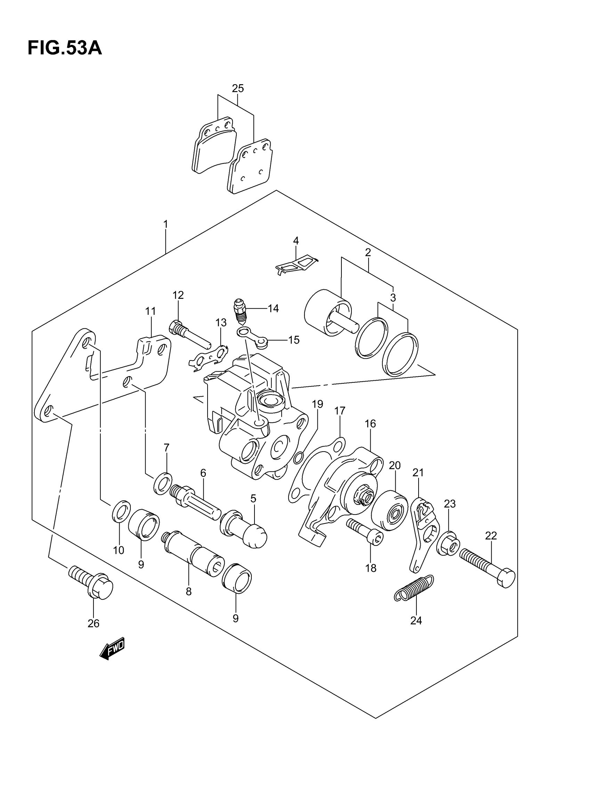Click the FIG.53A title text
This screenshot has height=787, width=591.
pyautogui.click(x=64, y=48)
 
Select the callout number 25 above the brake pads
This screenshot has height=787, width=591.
pyautogui.click(x=238, y=88)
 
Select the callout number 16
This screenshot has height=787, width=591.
pyautogui.click(x=370, y=423)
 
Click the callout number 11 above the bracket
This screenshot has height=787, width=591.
pyautogui.click(x=151, y=311)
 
